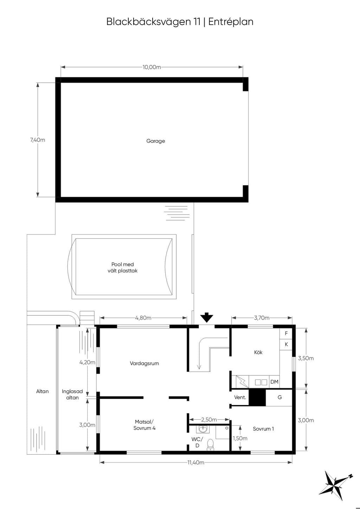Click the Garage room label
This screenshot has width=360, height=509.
tap(155, 141)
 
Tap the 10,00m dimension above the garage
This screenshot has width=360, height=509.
tap(152, 67)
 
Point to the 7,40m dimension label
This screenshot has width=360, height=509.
tap(38, 140)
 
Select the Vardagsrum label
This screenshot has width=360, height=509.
tap(144, 363)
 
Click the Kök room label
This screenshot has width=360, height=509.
tap(258, 352)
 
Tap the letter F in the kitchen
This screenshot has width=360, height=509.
tap(286, 333)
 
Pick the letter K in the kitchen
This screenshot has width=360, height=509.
tap(286, 344)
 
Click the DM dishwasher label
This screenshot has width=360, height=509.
tap(275, 382)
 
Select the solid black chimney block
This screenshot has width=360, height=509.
tap(257, 397)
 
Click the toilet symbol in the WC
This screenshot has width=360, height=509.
tap(210, 445)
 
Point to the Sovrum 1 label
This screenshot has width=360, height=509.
tap(263, 429)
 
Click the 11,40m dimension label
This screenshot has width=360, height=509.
tap(196, 462)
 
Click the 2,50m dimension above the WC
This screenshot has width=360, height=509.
tap(209, 419)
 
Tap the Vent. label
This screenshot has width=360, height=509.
tap(240, 397)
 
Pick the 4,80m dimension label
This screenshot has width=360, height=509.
tap(143, 318)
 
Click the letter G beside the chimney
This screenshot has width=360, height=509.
tap(280, 397)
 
